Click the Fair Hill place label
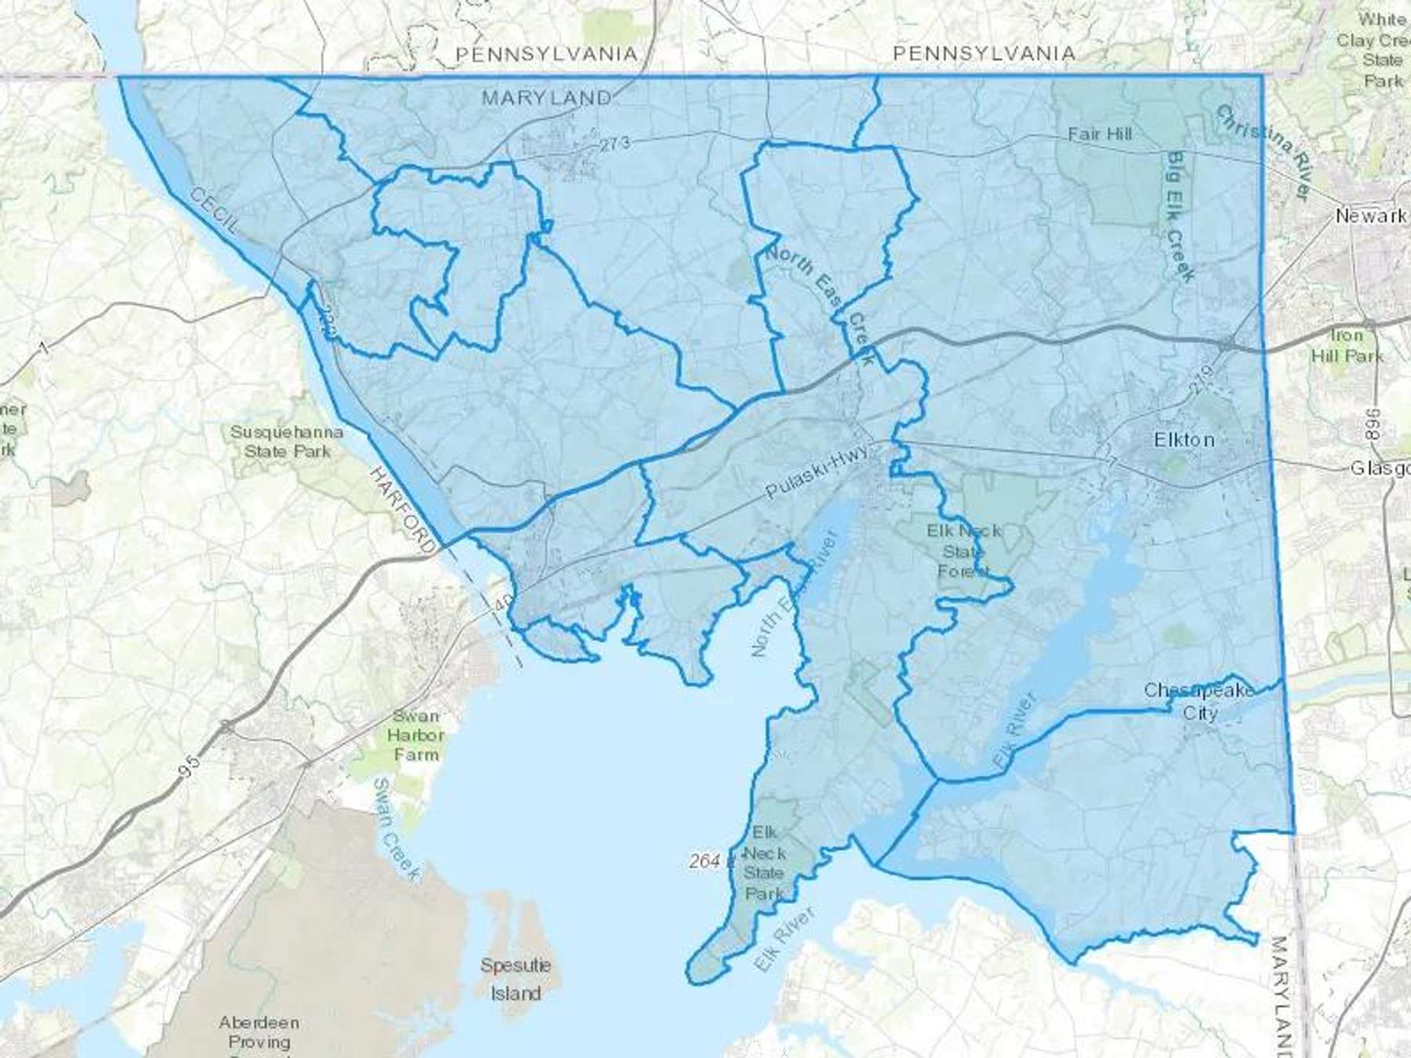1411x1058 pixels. [1099, 134]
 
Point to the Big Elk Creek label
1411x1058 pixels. [1179, 216]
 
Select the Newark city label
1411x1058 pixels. [1370, 216]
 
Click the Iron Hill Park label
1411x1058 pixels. [1348, 346]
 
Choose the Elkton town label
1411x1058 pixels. [1184, 440]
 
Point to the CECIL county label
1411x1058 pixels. [213, 211]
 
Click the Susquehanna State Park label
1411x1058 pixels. [286, 441]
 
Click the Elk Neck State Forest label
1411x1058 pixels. [963, 551]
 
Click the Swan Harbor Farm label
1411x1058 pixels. [416, 735]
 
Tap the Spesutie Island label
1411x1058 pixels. [515, 979]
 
